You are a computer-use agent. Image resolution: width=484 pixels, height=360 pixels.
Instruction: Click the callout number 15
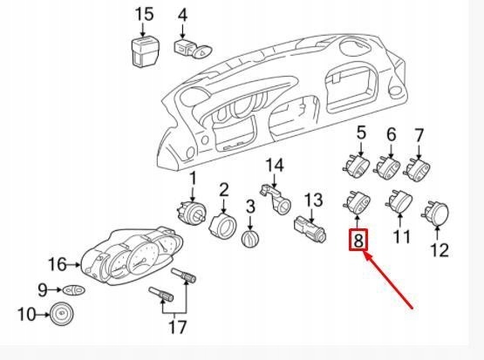[x=144, y=14]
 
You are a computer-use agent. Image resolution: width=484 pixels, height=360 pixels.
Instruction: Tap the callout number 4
[x=182, y=14]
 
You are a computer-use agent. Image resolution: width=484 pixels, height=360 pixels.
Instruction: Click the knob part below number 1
[x=191, y=212]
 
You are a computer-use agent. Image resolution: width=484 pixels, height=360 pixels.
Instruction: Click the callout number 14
[x=275, y=165]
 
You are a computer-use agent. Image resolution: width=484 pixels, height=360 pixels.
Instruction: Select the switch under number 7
[x=419, y=166]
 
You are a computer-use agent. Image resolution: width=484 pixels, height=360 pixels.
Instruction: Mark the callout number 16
[x=57, y=263]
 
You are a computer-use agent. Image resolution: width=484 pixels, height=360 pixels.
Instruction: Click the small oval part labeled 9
[x=74, y=289]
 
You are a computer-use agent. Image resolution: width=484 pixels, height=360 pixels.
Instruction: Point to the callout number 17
[x=177, y=327]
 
